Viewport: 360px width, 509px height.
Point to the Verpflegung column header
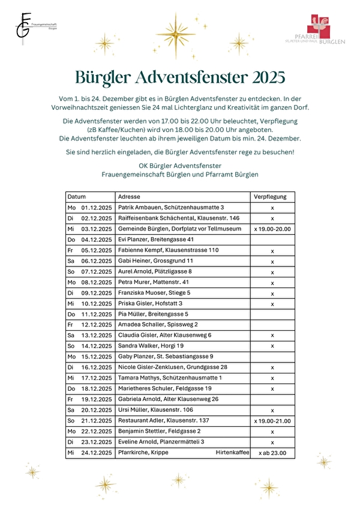click(270, 197)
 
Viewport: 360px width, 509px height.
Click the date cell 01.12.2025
click(97, 207)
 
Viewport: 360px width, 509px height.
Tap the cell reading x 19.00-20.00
click(272, 229)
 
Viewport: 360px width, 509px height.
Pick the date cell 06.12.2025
click(97, 261)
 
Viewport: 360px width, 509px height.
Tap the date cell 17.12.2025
click(97, 378)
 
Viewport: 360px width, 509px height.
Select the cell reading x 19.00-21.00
click(272, 421)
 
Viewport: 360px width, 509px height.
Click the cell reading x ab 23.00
click(272, 453)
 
